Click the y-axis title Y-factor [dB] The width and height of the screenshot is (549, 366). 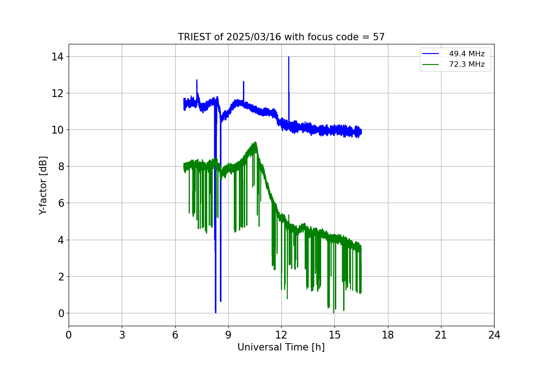43,185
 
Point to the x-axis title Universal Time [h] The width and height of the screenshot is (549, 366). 281,347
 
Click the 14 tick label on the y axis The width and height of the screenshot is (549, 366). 58,57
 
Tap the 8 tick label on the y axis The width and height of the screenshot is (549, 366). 60,167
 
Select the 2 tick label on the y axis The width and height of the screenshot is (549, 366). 60,277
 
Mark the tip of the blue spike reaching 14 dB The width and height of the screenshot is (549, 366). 289,57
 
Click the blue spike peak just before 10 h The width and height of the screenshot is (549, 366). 243,82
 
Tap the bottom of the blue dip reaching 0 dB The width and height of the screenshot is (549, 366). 215,312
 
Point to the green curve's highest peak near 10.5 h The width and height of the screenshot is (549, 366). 255,142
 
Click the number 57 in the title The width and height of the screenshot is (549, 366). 378,37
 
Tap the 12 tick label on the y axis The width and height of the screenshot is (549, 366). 58,93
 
